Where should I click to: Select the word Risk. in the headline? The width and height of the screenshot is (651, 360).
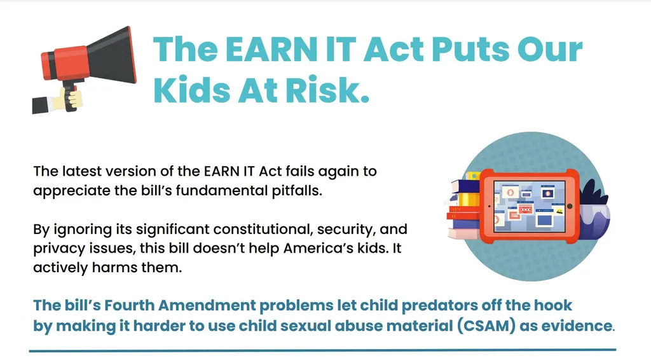[x=327, y=90]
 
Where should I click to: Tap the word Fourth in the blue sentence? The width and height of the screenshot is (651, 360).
[x=129, y=305]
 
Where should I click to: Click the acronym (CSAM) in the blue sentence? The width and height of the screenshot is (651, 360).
[x=486, y=326]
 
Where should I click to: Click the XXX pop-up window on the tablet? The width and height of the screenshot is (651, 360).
[x=526, y=210]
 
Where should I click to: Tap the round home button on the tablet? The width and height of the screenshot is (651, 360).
[x=570, y=206]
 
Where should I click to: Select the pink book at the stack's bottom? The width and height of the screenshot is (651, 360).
[x=463, y=234]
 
